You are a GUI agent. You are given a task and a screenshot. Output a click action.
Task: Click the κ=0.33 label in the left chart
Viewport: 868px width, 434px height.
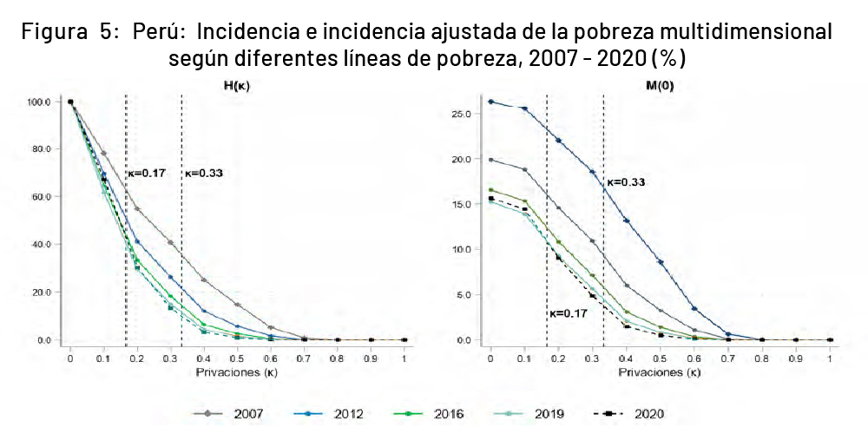[x=204, y=173]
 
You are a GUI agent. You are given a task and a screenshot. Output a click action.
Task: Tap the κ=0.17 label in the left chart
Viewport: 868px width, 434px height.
[x=146, y=173]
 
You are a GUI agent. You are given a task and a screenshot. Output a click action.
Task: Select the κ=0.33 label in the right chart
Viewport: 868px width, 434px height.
[x=625, y=182]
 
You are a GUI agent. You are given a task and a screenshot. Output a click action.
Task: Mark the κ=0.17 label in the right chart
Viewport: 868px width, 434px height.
[x=569, y=313]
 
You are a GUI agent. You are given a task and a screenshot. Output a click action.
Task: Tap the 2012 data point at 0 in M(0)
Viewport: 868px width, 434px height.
[x=490, y=102]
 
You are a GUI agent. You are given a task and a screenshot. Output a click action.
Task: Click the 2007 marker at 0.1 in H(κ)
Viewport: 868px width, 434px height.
[x=104, y=154]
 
